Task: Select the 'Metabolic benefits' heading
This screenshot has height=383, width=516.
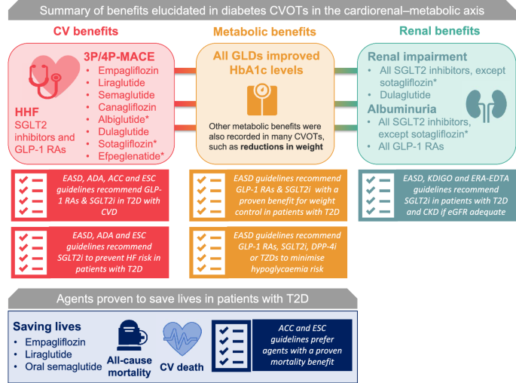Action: click(x=258, y=32)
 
